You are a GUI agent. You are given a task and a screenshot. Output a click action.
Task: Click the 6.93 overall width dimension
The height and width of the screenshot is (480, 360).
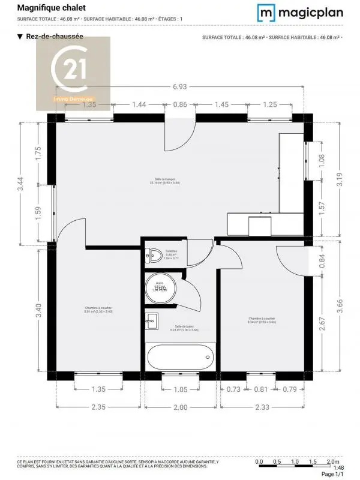[179, 86]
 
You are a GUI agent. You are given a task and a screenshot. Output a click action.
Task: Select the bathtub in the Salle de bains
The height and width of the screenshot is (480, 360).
[179, 357]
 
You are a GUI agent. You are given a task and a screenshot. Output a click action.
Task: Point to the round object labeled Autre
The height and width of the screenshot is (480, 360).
[160, 287]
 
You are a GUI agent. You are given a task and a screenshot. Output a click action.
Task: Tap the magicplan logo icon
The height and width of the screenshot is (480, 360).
[267, 12]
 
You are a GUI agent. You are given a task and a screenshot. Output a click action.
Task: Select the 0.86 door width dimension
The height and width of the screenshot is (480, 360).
[180, 104]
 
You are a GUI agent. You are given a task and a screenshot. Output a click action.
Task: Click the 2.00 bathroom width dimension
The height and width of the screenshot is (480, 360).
[179, 407]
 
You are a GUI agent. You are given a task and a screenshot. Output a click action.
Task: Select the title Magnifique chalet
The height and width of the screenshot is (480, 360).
[50, 8]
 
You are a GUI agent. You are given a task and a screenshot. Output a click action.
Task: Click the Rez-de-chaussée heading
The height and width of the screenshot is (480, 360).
[54, 37]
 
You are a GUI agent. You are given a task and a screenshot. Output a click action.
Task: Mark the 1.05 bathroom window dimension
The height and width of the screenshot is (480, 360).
[179, 389]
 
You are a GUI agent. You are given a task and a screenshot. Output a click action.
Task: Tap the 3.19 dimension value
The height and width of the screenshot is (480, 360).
[340, 180]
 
